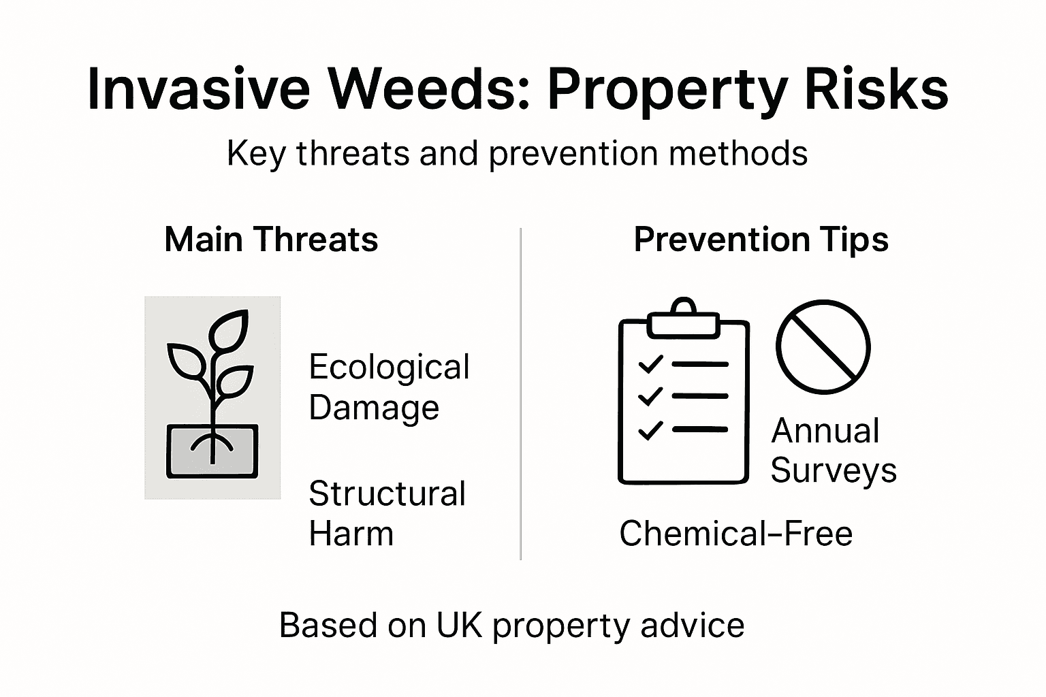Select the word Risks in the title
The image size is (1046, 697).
point(876,89)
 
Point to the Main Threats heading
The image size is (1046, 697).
point(271,240)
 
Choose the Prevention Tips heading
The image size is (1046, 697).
point(761,240)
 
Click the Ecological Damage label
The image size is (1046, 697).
point(389,387)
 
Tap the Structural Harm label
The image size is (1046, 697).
point(387,513)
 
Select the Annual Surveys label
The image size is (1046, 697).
point(833,450)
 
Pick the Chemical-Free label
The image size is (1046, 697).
point(735,533)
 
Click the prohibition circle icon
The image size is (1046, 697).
point(823,346)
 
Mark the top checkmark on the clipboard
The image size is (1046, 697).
point(650,363)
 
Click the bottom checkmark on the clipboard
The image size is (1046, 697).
point(650,430)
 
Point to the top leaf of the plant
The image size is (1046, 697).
point(229,328)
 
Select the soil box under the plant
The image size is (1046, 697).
point(212,451)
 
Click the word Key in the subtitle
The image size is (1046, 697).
point(255,154)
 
